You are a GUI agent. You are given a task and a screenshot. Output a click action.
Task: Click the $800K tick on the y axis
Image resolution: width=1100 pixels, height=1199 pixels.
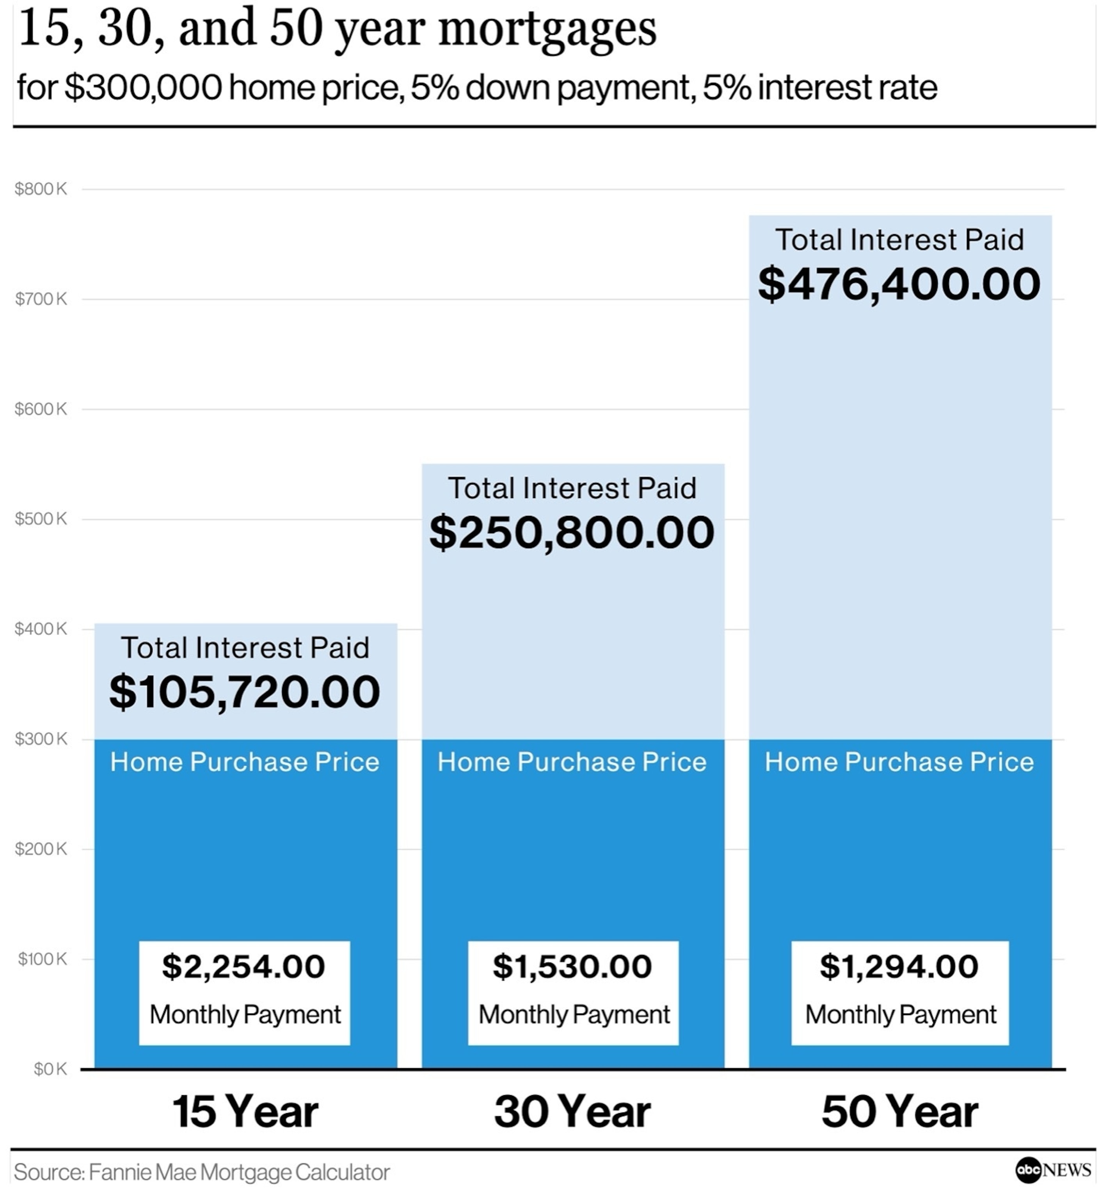click(x=41, y=189)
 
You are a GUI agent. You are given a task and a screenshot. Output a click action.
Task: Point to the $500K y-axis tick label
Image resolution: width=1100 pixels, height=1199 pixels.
click(x=41, y=519)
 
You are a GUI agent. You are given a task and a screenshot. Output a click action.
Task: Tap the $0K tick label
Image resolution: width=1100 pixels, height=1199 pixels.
click(x=50, y=1069)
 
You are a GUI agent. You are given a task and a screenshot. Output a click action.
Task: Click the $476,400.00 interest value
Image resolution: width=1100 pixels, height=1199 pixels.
click(x=899, y=284)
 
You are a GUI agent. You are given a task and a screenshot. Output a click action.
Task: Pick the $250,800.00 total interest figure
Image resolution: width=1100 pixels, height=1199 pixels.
click(x=571, y=532)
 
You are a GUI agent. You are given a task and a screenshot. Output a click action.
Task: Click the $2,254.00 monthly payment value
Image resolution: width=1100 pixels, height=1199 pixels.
click(x=243, y=966)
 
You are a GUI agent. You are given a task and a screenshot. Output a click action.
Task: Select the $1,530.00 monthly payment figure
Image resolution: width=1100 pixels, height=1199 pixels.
click(x=572, y=966)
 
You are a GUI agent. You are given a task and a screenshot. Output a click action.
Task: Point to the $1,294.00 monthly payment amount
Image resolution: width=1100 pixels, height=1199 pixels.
click(x=899, y=966)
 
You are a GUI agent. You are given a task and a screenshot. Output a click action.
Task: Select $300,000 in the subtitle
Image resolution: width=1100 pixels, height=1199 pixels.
click(x=143, y=87)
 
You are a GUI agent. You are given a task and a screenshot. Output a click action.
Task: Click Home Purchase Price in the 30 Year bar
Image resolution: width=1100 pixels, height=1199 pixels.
click(x=572, y=762)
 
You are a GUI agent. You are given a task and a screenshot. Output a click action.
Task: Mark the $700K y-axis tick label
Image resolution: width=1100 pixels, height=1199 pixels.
click(x=41, y=299)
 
